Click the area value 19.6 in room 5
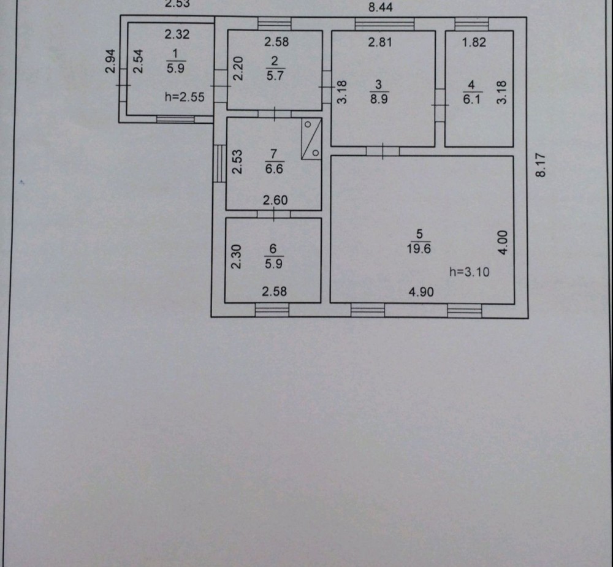[x=420, y=248]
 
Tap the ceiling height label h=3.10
[x=470, y=272]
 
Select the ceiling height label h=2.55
[x=185, y=96]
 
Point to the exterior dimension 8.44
[x=380, y=8]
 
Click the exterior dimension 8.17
[x=540, y=165]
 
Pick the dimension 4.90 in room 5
[x=421, y=292]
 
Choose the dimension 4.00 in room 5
[x=502, y=242]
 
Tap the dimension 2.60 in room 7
[x=275, y=200]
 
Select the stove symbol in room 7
[x=311, y=139]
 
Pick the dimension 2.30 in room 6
[x=235, y=257]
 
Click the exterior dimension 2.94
[x=110, y=61]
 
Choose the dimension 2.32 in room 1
[x=177, y=34]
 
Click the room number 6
[x=273, y=248]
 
